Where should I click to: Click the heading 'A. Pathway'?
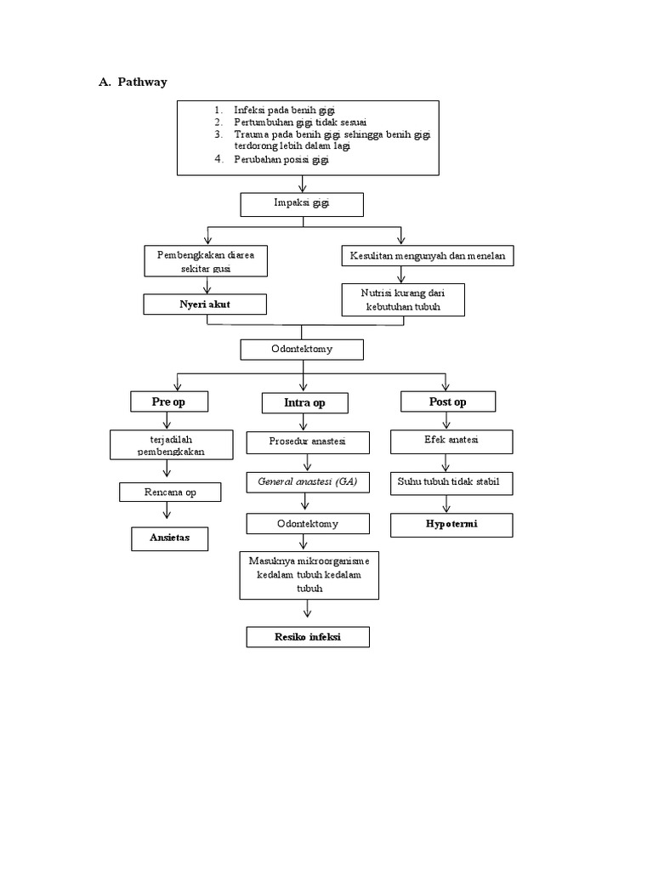[133, 82]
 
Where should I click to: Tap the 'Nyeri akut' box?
[205, 305]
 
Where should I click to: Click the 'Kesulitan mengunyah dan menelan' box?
[427, 255]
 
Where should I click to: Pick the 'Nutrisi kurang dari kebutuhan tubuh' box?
[403, 299]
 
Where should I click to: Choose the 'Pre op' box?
[168, 401]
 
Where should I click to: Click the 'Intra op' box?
[304, 402]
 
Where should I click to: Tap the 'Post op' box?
[447, 401]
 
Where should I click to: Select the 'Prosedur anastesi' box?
[308, 442]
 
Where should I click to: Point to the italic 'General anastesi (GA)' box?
[308, 482]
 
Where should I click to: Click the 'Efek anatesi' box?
[451, 441]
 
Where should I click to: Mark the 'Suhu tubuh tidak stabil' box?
[451, 482]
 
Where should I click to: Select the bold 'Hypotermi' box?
[451, 525]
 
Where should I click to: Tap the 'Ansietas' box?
[169, 538]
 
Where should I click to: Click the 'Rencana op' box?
[169, 492]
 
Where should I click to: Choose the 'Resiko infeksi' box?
[308, 637]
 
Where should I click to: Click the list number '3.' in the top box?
[218, 134]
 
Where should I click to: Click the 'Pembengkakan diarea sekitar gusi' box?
[205, 261]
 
